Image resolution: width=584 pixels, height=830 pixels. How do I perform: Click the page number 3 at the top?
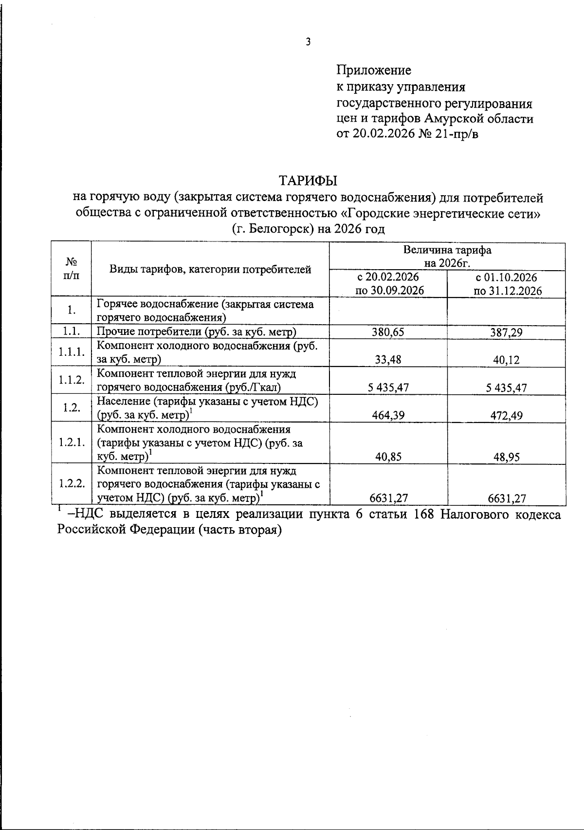[x=308, y=42]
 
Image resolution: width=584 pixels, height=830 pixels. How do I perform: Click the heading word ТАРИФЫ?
[x=308, y=181]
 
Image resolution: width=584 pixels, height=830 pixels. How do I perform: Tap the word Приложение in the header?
[x=374, y=70]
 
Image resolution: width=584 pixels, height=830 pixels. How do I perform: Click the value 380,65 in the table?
[x=388, y=332]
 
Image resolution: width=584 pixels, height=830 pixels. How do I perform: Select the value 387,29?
[x=506, y=332]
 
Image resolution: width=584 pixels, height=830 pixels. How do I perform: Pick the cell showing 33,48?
[x=388, y=360]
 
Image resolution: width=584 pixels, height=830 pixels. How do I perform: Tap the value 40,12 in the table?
[x=506, y=360]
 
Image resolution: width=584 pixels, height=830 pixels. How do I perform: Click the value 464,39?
[x=388, y=415]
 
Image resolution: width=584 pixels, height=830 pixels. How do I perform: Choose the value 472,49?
[x=506, y=415]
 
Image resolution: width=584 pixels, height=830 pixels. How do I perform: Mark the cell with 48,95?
[x=506, y=457]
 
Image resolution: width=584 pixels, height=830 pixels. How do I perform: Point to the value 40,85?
[x=388, y=457]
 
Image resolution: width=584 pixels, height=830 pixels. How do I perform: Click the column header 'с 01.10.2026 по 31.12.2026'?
[x=506, y=284]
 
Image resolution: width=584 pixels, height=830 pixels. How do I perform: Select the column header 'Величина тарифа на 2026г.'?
[x=447, y=257]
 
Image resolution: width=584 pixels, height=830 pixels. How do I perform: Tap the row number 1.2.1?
[x=72, y=443]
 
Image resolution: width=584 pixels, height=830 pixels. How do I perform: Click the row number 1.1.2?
[x=72, y=380]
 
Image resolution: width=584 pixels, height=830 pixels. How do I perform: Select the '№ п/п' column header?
[x=71, y=268]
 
